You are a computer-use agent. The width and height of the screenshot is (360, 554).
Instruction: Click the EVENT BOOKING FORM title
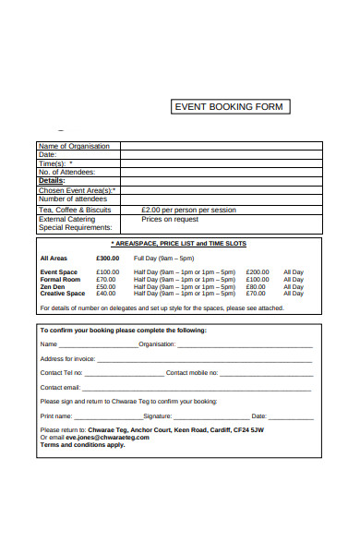tap(231, 107)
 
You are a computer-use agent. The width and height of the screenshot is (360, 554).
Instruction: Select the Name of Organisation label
tap(74, 146)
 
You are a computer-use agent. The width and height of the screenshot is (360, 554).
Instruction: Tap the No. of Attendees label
tap(66, 172)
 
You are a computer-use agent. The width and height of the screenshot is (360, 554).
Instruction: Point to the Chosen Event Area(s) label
tap(77, 190)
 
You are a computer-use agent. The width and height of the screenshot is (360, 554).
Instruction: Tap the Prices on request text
tap(170, 220)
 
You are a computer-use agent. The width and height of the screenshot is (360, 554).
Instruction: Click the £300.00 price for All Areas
tap(108, 259)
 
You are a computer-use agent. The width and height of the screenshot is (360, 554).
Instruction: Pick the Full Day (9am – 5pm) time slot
tap(164, 259)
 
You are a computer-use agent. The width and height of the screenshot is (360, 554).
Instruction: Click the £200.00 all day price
tap(258, 272)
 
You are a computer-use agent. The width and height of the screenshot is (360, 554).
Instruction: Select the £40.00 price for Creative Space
tap(106, 294)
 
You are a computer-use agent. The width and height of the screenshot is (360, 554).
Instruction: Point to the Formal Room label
tap(60, 280)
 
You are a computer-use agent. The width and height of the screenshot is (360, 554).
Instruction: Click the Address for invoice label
tap(67, 358)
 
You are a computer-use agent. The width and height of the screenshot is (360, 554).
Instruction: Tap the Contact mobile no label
tap(191, 373)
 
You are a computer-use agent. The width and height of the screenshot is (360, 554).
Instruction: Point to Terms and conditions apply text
tap(82, 444)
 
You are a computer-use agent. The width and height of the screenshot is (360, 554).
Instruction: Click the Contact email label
tap(60, 387)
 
